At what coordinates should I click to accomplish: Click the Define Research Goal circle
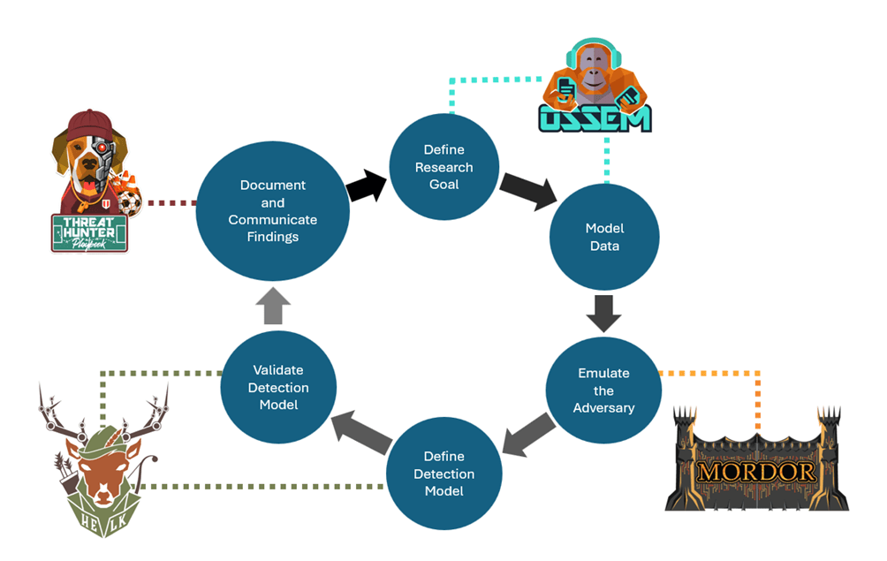point(443,167)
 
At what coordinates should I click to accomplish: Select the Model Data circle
point(603,238)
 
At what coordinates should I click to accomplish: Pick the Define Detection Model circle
point(443,474)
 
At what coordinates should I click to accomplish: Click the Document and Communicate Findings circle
point(272,211)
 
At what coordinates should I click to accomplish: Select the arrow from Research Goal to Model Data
point(528,187)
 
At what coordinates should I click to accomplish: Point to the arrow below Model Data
point(604,312)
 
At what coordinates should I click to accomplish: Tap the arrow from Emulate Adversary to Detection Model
point(529,435)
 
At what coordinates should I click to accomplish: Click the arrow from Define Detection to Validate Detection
point(362,428)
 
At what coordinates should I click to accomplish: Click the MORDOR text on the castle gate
point(756,470)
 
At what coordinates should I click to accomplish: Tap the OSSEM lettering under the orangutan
point(595,118)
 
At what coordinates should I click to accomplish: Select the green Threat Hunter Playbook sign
point(88,232)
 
